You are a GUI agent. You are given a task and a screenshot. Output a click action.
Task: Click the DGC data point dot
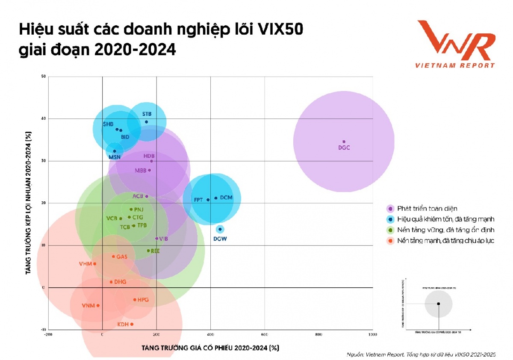pos(344,142)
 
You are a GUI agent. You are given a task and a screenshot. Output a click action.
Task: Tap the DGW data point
pos(220,229)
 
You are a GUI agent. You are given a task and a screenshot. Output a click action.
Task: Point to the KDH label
pos(123,325)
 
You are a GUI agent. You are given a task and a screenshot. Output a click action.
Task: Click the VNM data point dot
pos(98,305)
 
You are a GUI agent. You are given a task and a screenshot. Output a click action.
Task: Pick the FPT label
pos(198,200)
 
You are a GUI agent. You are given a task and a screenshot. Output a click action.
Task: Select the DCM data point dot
pos(216,198)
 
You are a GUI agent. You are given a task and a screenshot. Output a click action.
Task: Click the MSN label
pos(115,157)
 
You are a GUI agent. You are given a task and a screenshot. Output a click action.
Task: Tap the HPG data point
pos(135,300)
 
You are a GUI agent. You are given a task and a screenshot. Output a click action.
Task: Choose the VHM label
pos(85,264)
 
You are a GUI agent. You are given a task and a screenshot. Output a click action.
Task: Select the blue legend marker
pos(390,219)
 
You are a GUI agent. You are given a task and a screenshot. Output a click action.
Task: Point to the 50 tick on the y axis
pos(43,77)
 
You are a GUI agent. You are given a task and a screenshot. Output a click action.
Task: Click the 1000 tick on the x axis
pos(372,335)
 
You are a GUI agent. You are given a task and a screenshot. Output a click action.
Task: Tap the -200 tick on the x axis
pos(49,335)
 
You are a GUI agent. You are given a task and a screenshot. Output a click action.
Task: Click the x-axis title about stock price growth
pos(210,348)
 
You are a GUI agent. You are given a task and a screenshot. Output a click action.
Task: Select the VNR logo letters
pos(455,41)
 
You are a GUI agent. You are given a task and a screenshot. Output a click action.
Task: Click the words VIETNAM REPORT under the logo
pos(455,65)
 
